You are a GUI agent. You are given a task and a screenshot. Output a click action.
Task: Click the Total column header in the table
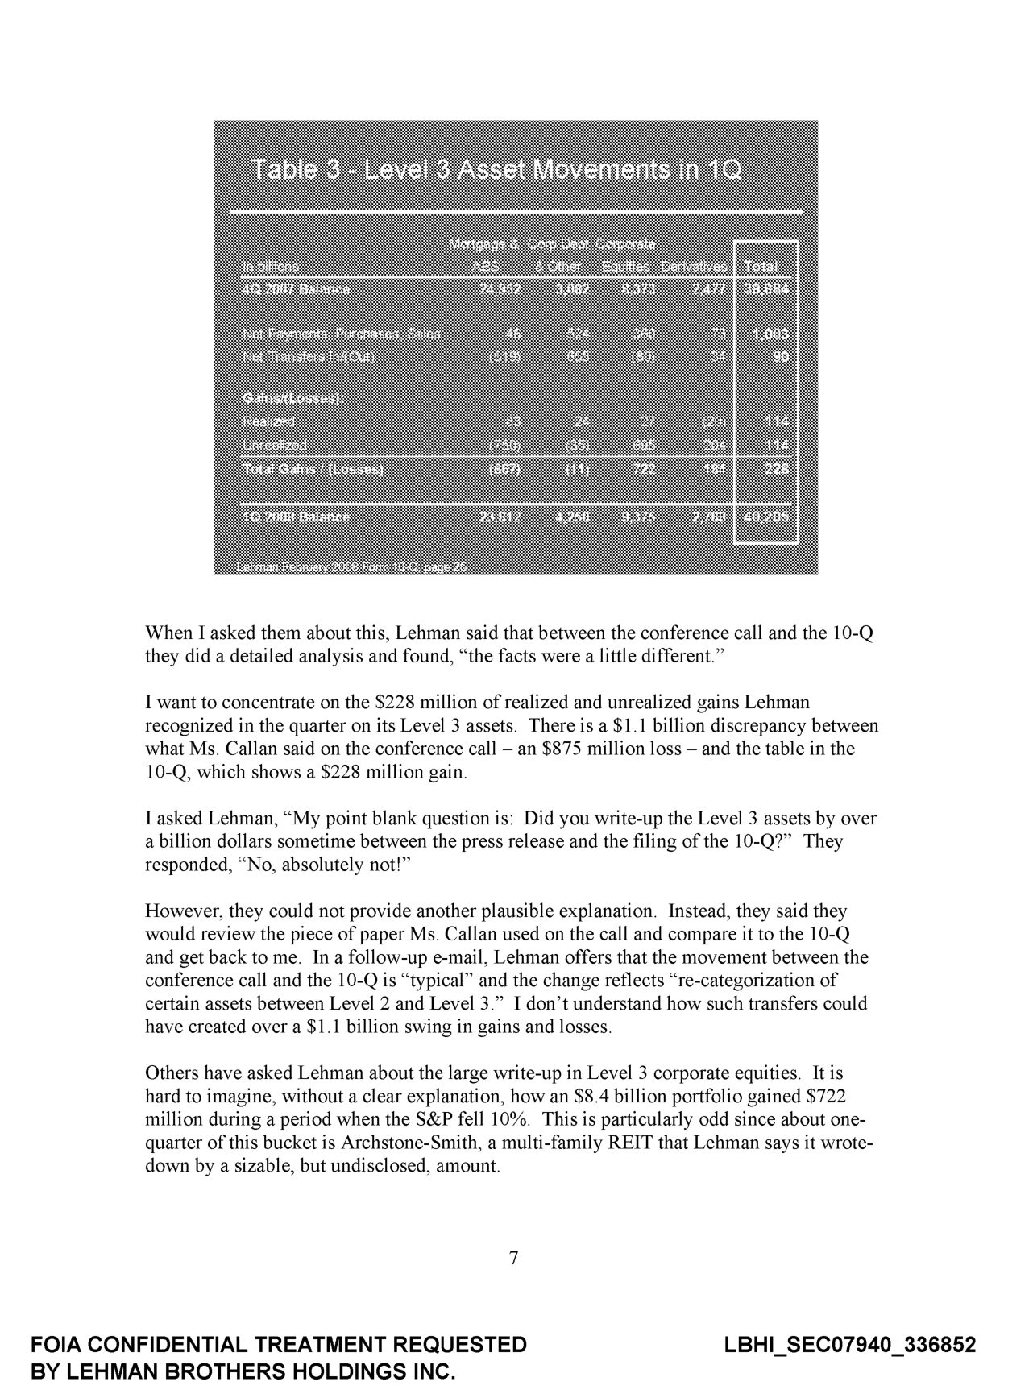(x=761, y=266)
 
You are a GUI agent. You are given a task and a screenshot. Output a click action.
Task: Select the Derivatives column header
(x=694, y=266)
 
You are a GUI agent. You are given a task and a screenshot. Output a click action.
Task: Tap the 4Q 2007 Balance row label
(x=296, y=288)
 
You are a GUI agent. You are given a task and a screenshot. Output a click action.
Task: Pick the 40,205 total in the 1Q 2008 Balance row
(x=766, y=517)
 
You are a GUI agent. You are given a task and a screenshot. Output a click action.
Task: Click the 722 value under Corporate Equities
(x=645, y=469)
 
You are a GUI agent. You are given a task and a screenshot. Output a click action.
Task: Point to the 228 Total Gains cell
(x=777, y=469)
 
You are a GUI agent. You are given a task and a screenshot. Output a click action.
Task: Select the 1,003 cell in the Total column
(x=770, y=334)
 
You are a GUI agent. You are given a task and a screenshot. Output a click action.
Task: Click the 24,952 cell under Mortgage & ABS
(x=500, y=288)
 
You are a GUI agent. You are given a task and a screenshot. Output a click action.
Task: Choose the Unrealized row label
(x=274, y=445)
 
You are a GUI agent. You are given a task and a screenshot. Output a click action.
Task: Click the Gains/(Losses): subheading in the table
(x=292, y=397)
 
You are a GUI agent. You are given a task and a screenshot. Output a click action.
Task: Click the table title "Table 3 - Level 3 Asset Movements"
(x=496, y=170)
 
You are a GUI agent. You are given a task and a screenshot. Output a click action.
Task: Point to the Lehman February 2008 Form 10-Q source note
(x=351, y=566)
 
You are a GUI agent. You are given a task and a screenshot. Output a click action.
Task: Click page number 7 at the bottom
(x=514, y=1258)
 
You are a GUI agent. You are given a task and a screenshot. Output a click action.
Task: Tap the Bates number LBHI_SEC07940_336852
(x=850, y=1344)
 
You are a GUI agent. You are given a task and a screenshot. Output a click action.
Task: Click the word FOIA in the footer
(x=56, y=1344)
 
